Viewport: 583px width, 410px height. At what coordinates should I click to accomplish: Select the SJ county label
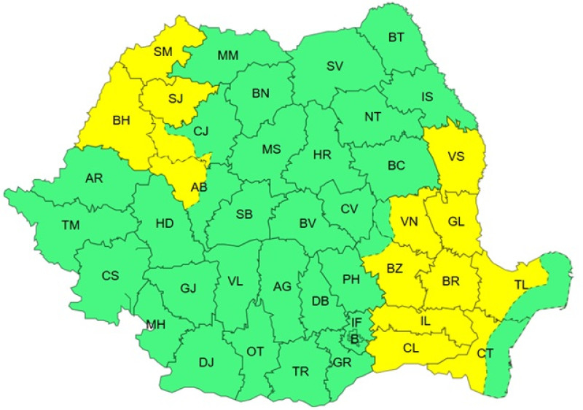(x=175, y=98)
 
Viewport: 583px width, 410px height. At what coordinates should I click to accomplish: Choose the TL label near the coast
(x=521, y=285)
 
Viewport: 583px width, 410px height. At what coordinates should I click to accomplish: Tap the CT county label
(x=485, y=352)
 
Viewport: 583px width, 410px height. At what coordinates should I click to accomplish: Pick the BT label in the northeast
(x=396, y=37)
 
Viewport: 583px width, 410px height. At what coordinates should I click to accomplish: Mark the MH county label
(x=155, y=324)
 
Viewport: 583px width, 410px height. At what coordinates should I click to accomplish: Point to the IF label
(x=356, y=322)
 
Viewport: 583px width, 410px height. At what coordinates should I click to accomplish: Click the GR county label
(x=343, y=361)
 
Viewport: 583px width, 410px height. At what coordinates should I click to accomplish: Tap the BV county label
(x=308, y=224)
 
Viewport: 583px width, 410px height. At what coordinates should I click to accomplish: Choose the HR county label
(x=322, y=155)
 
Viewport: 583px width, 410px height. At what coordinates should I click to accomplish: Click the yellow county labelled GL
(x=456, y=222)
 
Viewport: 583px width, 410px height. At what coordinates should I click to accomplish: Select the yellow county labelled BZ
(x=395, y=269)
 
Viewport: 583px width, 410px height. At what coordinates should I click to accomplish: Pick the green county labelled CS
(x=111, y=275)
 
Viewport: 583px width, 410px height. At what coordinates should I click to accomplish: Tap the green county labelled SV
(x=334, y=66)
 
